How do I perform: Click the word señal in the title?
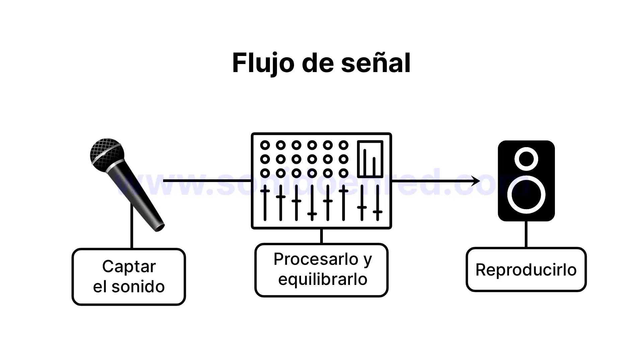pos(376,63)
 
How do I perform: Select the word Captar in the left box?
pos(129,267)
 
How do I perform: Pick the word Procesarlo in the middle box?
pos(316,259)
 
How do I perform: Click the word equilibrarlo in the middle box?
pos(323,279)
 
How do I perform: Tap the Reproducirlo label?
pos(526,270)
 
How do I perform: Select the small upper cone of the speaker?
pos(526,159)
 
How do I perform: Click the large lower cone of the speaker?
pos(526,195)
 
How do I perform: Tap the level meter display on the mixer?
pos(370,159)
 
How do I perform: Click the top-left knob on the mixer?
pos(265,145)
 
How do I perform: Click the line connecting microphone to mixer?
pos(208,181)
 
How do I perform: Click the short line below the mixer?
pos(321,236)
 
